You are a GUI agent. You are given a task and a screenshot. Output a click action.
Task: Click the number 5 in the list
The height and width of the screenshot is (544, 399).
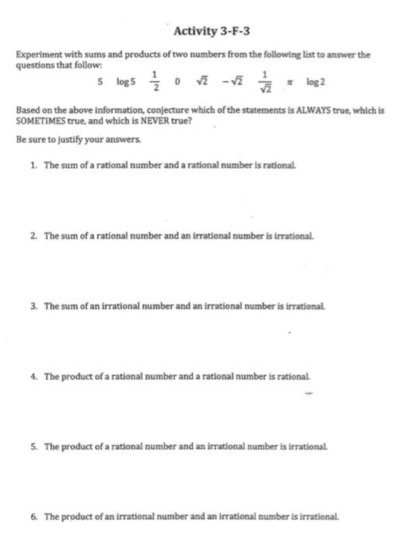100,81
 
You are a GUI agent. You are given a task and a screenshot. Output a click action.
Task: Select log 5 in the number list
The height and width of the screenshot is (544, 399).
126,81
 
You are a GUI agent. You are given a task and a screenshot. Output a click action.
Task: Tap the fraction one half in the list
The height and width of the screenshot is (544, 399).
155,81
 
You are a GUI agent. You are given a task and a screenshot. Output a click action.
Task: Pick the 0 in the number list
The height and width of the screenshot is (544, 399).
178,81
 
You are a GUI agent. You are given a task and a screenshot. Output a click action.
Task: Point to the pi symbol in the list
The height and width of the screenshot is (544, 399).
289,81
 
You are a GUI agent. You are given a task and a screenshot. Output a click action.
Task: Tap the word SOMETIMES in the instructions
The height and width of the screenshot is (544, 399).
40,120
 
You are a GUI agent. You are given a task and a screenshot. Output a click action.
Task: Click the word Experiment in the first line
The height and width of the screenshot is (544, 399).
37,55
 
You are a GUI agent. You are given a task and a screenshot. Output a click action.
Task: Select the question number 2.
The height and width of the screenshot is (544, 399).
33,234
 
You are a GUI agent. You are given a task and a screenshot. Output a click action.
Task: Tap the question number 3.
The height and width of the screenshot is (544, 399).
33,306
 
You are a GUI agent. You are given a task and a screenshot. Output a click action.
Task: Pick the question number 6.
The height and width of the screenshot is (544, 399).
33,516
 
